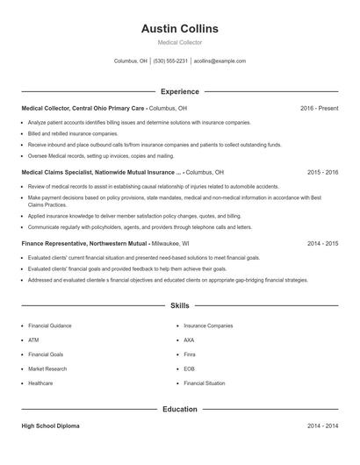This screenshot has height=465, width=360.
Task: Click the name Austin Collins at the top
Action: pyautogui.click(x=179, y=29)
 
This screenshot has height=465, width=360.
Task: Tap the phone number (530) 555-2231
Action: pyautogui.click(x=170, y=61)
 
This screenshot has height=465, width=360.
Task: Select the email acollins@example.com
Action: pyautogui.click(x=220, y=61)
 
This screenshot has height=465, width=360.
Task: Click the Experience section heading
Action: pyautogui.click(x=179, y=91)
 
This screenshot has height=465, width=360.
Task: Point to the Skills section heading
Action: pyautogui.click(x=179, y=305)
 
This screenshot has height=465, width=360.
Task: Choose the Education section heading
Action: pyautogui.click(x=179, y=409)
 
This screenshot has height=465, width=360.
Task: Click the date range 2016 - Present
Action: pyautogui.click(x=319, y=108)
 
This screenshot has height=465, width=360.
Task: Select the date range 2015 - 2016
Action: pyautogui.click(x=322, y=173)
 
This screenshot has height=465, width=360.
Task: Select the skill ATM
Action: pyautogui.click(x=33, y=340)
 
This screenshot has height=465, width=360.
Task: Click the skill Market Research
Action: pyautogui.click(x=47, y=368)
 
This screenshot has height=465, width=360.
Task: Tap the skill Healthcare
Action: pyautogui.click(x=40, y=383)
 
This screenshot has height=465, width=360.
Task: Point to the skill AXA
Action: pyautogui.click(x=189, y=340)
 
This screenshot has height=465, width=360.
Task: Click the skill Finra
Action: pyautogui.click(x=190, y=354)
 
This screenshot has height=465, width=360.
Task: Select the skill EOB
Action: pyautogui.click(x=189, y=368)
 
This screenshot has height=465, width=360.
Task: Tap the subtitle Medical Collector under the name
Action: pyautogui.click(x=179, y=42)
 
